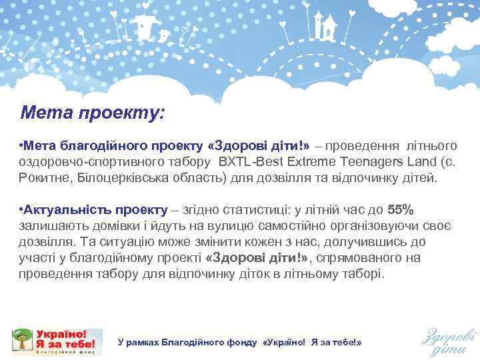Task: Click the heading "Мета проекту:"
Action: tap(92, 112)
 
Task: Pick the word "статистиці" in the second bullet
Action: tap(234, 209)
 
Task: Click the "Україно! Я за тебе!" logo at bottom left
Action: tap(57, 341)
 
